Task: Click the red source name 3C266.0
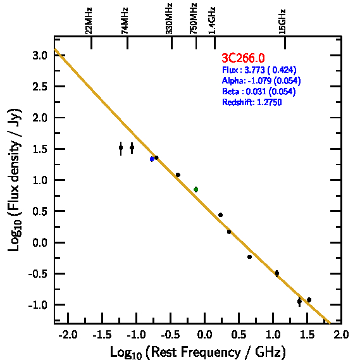[243, 58]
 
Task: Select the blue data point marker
[152, 159]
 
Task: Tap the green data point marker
[196, 189]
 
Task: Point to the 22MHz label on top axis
[89, 21]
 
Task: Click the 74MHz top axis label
[125, 21]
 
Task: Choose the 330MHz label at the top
[169, 19]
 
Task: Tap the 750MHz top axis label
[194, 19]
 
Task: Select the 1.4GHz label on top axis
[212, 21]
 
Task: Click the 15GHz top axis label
[282, 22]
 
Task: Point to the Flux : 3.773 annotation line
[259, 70]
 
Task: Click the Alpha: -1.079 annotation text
[261, 80]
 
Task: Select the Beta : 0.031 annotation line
[259, 91]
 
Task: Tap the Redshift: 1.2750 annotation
[252, 102]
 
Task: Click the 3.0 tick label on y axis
[40, 56]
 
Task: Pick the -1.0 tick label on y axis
[38, 305]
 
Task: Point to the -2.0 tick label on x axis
[68, 335]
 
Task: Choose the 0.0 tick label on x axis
[204, 335]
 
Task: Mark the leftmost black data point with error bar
[121, 148]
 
